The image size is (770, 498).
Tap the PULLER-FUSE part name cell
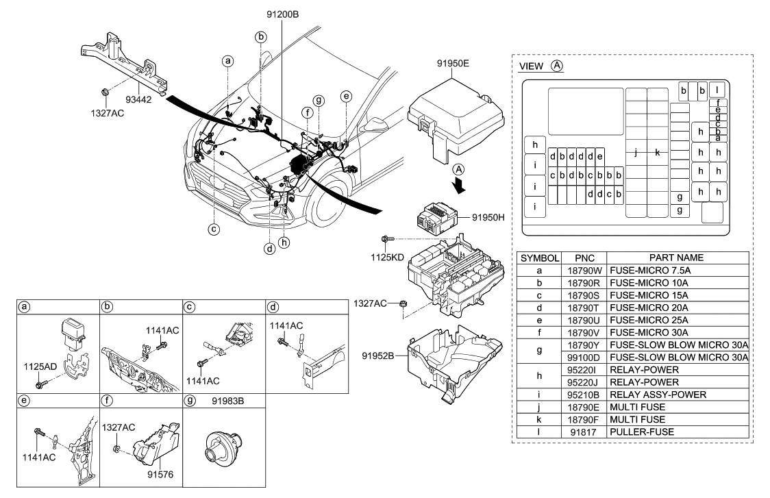pos(641,432)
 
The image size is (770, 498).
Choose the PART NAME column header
pos(675,258)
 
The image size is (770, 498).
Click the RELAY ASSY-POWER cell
pos(654,395)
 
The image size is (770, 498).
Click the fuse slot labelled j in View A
pos(636,153)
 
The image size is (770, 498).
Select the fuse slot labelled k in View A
pos(657,153)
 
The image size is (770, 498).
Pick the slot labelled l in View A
pos(717,90)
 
